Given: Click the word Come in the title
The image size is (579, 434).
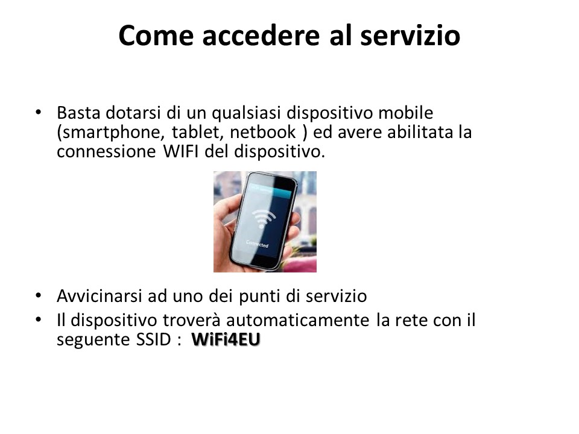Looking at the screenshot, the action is [x=156, y=36].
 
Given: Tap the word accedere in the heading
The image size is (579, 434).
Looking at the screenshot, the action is [x=261, y=36].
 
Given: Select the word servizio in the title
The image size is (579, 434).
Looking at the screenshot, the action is [x=410, y=36].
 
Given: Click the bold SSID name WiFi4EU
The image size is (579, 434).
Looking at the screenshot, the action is [x=226, y=339].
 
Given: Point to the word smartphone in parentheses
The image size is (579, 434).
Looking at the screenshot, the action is [x=110, y=133].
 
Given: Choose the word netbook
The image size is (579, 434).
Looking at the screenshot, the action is [x=263, y=132].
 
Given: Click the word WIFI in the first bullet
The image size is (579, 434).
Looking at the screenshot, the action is [x=181, y=151].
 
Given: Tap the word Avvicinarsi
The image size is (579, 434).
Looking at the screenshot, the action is [x=100, y=296].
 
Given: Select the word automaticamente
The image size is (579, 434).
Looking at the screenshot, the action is [x=297, y=320].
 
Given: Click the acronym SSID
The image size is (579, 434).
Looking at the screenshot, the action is [x=153, y=339].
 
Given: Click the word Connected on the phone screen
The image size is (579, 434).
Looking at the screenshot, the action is [x=258, y=244].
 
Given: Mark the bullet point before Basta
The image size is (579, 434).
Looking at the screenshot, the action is [x=39, y=112].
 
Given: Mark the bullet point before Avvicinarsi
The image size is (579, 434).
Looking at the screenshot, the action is [x=39, y=295].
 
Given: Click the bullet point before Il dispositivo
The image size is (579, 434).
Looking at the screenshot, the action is [x=39, y=319].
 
